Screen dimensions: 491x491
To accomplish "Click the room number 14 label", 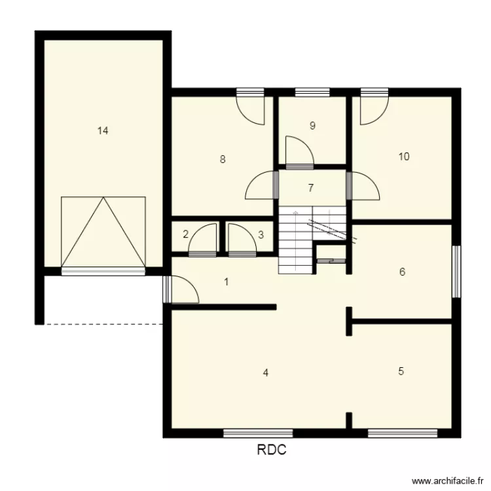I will [103, 130].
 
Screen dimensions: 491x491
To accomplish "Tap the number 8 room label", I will [223, 159].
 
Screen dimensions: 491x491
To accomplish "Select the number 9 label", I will [313, 126].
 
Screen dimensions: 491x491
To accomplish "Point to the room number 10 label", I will [404, 156].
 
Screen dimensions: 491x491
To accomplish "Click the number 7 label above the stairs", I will [311, 188].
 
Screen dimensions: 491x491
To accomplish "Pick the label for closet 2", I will [186, 234].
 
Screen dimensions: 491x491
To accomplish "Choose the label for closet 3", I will [261, 234].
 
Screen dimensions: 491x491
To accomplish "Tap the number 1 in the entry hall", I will [227, 282].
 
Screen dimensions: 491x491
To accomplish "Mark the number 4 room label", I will [265, 373].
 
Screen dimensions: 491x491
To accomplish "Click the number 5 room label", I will [401, 371].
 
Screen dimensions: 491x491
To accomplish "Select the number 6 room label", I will [403, 272].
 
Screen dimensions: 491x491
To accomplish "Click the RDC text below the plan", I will [271, 450].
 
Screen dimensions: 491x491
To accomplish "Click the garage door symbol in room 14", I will [103, 232].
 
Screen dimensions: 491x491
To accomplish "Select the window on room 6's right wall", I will [456, 270].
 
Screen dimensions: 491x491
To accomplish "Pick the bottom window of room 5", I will [402, 433].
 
